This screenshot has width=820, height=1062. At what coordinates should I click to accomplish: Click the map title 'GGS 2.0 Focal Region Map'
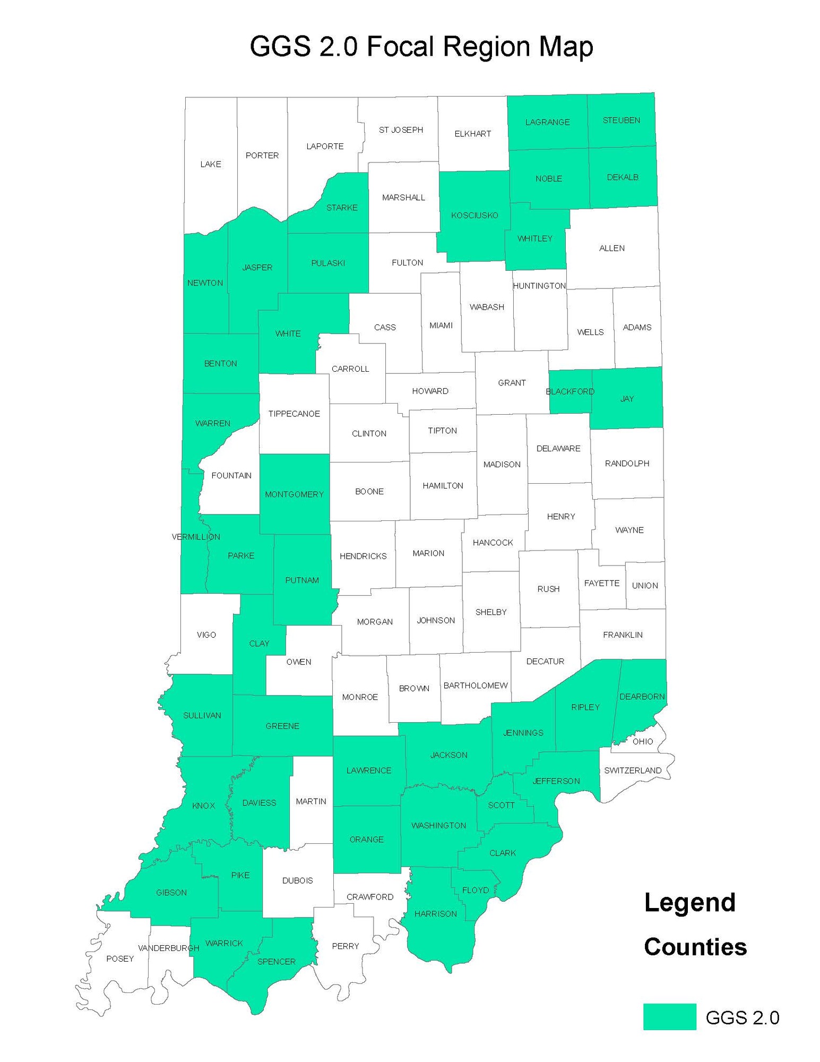pyautogui.click(x=421, y=47)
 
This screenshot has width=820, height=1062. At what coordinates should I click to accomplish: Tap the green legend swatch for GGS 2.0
pyautogui.click(x=669, y=1016)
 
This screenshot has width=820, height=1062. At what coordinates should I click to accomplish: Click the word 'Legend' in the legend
pyautogui.click(x=689, y=903)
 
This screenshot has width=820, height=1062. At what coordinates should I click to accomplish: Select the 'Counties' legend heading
pyautogui.click(x=695, y=947)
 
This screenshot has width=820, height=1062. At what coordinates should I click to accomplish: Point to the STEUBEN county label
pyautogui.click(x=621, y=121)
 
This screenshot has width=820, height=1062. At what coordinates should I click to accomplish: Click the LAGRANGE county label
pyautogui.click(x=547, y=122)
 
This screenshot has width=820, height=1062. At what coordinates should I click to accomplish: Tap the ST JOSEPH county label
pyautogui.click(x=401, y=130)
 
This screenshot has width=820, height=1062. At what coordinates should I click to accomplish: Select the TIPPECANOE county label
pyautogui.click(x=294, y=414)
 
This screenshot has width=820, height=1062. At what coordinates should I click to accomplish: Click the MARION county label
pyautogui.click(x=428, y=553)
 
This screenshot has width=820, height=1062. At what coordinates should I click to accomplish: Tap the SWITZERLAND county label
pyautogui.click(x=633, y=770)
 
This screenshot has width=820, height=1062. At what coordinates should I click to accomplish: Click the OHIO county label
pyautogui.click(x=643, y=741)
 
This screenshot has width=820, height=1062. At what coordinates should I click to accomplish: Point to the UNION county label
pyautogui.click(x=645, y=585)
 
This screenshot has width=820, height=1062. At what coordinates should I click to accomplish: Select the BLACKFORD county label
pyautogui.click(x=570, y=391)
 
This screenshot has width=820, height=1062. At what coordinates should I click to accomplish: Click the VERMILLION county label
pyautogui.click(x=196, y=537)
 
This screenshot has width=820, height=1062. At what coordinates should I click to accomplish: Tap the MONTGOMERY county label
pyautogui.click(x=294, y=494)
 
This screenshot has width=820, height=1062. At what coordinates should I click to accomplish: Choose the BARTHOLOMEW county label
pyautogui.click(x=476, y=686)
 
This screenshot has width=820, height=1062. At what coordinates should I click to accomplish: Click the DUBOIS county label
pyautogui.click(x=297, y=880)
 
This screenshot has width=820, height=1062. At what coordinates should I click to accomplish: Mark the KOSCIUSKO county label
pyautogui.click(x=474, y=215)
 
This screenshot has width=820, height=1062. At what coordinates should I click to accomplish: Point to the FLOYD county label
pyautogui.click(x=475, y=890)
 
